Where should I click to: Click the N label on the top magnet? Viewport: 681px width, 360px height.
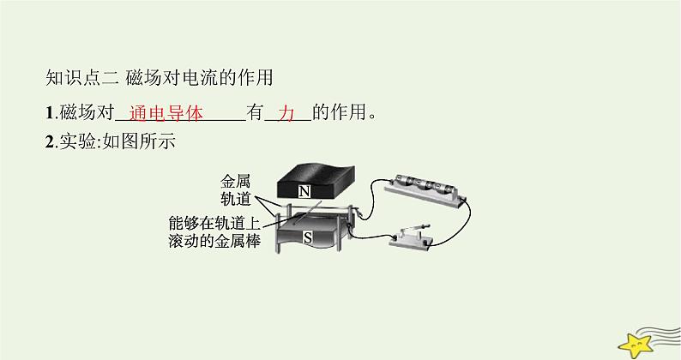pos(304,191)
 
